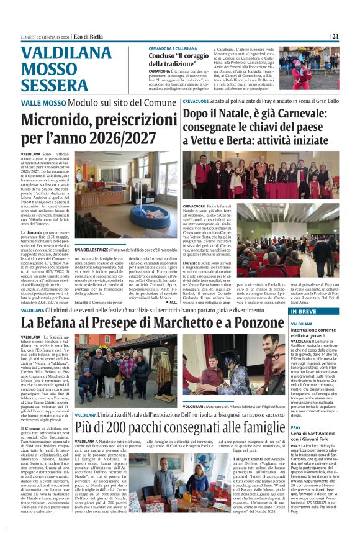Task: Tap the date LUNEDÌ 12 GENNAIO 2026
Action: pyautogui.click(x=43, y=37)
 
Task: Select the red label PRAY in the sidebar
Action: pyautogui.click(x=296, y=428)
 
